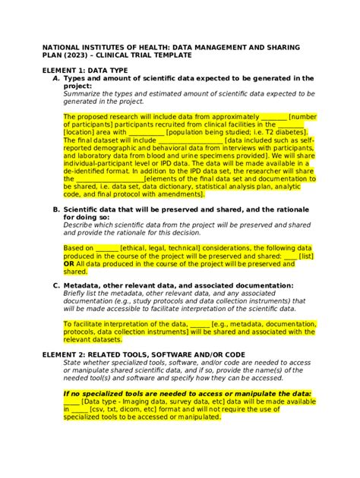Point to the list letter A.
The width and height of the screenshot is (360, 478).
click(x=55, y=78)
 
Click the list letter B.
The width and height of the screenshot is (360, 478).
click(x=55, y=209)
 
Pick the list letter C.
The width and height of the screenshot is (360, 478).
click(x=55, y=285)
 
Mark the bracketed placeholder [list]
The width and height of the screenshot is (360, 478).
click(x=306, y=256)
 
